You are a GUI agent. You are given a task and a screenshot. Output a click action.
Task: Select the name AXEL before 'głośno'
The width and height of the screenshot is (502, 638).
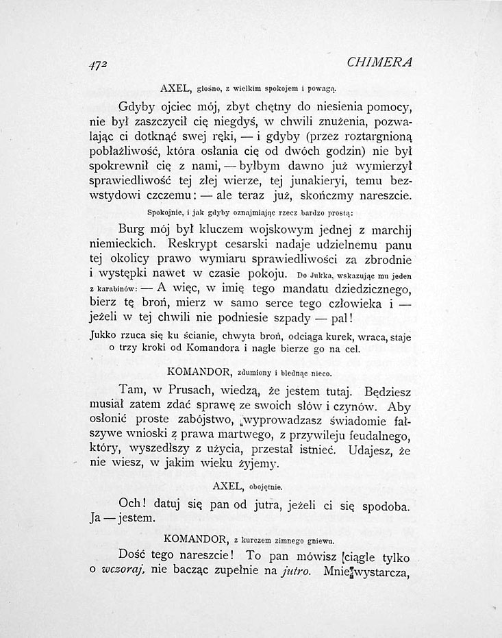point(175,88)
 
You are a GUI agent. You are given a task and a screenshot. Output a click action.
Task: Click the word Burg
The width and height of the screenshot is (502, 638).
point(133,228)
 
